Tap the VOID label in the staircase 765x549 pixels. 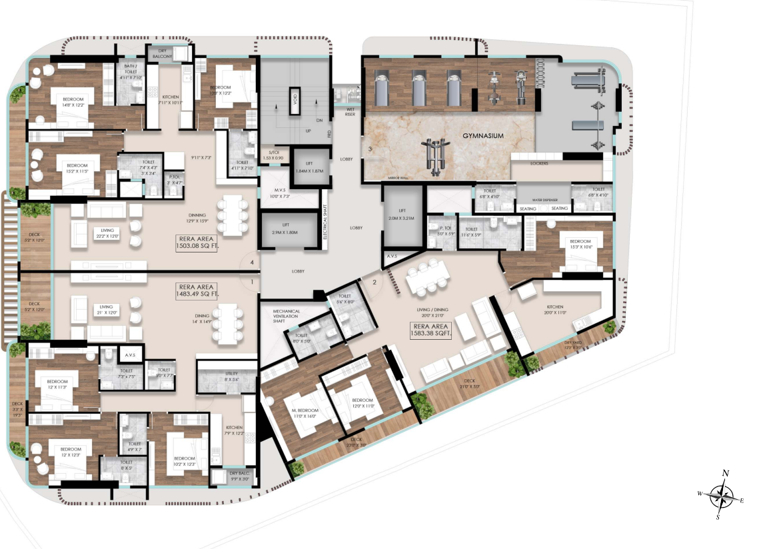click(x=294, y=101)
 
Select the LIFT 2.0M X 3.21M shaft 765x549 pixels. click(x=403, y=215)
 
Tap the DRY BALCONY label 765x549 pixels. click(x=161, y=53)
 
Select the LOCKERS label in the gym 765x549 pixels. click(x=539, y=163)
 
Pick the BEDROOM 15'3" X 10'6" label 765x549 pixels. click(x=579, y=245)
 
